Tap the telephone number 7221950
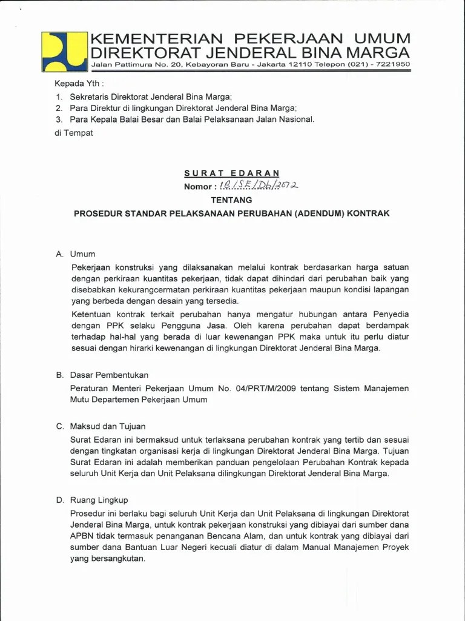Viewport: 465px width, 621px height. pyautogui.click(x=394, y=64)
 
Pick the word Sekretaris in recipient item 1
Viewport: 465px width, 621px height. pyautogui.click(x=89, y=96)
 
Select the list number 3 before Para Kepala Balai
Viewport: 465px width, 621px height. pyautogui.click(x=58, y=119)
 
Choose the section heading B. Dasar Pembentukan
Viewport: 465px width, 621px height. pyautogui.click(x=102, y=375)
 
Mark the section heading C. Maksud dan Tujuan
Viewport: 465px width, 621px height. pyautogui.click(x=101, y=426)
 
